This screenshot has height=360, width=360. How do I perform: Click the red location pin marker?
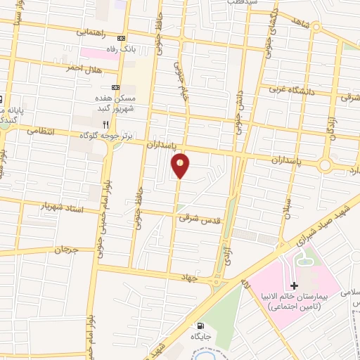181,165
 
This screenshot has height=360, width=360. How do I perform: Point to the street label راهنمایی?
93,32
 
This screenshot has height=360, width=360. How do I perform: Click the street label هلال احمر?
84,69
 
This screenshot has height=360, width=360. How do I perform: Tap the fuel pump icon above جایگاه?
201,326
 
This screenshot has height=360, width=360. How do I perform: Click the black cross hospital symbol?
294,285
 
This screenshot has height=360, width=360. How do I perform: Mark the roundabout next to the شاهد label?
316,27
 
